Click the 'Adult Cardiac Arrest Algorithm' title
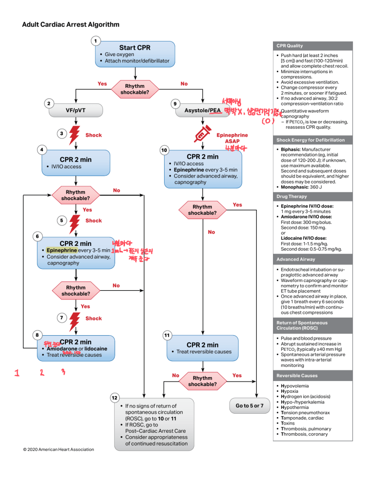(71, 24)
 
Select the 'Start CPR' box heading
(135, 48)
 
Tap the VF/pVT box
(75, 110)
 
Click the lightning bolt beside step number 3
(75, 134)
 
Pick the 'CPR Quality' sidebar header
(288, 46)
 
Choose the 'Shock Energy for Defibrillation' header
(310, 140)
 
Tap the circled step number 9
(175, 103)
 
